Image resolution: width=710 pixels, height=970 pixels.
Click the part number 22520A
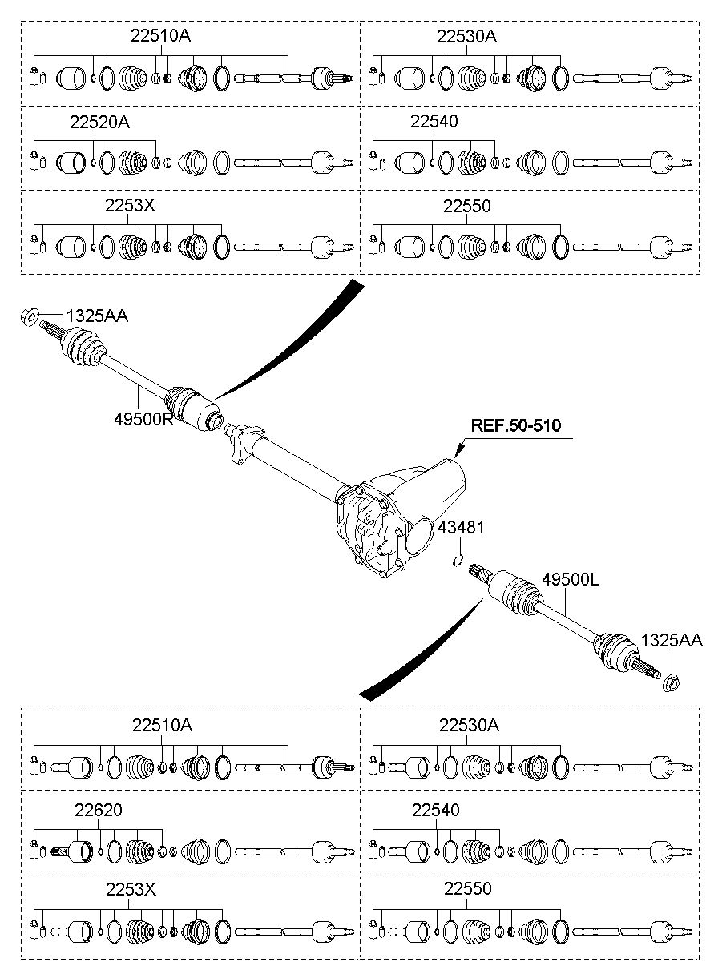click(99, 122)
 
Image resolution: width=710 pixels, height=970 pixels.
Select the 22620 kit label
click(99, 810)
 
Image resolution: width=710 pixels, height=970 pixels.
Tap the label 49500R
click(143, 419)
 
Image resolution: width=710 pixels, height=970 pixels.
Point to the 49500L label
click(570, 579)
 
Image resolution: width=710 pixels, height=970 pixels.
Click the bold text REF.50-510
click(515, 425)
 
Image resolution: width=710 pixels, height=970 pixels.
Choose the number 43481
click(461, 527)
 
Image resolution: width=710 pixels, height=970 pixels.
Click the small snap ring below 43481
click(457, 561)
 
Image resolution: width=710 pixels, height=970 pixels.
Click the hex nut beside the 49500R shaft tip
click(29, 316)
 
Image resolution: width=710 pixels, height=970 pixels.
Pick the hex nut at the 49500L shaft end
click(672, 683)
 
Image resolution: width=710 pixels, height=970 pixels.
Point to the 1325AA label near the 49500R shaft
click(97, 316)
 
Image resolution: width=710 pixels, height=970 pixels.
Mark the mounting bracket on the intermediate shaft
click(244, 443)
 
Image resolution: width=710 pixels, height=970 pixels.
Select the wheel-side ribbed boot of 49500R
click(83, 348)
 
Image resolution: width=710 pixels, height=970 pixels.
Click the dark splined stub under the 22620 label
click(61, 851)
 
